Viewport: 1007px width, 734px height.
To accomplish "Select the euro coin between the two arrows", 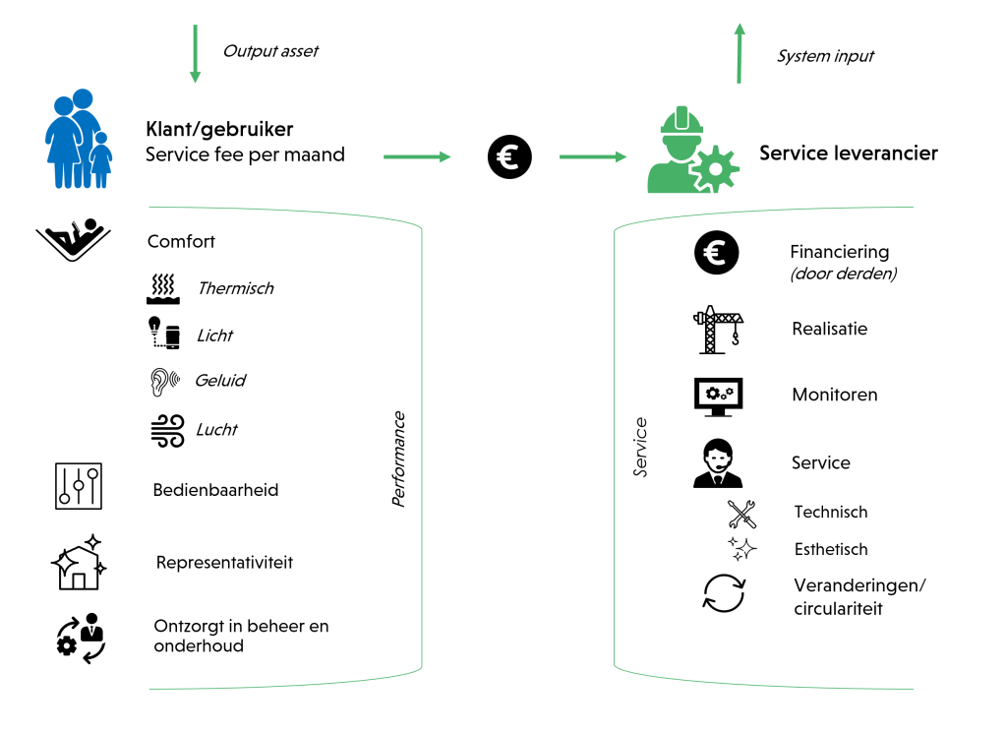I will [509, 156].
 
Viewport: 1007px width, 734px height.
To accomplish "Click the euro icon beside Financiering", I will [716, 253].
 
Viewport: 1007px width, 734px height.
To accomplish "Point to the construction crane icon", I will [718, 329].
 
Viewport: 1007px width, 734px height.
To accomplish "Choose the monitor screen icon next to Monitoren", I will [718, 396].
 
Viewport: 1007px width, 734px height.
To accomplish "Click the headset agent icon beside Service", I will [718, 463].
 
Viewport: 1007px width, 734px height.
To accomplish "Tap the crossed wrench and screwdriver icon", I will [741, 513].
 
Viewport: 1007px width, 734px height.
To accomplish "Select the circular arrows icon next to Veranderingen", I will [725, 593].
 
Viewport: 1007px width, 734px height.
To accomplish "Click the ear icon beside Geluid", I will [162, 382].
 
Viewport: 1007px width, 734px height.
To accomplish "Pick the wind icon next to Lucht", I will [165, 430].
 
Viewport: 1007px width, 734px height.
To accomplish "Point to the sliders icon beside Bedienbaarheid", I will [79, 486].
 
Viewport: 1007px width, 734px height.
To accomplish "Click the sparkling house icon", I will [78, 563].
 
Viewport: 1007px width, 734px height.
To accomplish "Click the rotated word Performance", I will [398, 459].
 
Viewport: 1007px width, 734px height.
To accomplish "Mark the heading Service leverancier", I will [848, 153].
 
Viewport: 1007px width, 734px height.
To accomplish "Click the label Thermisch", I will [235, 289].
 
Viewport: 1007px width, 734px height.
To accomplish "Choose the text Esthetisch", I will [831, 550].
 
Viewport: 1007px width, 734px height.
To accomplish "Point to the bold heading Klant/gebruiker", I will [219, 130].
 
